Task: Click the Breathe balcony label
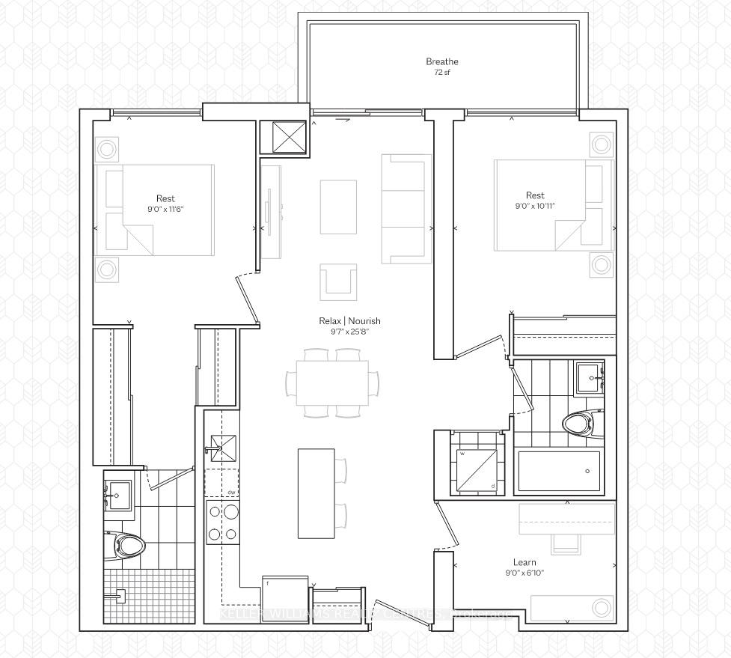coord(441,61)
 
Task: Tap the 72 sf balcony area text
coord(441,73)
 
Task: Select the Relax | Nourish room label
coord(349,321)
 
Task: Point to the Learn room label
coord(524,562)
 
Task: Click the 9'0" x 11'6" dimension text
coord(166,210)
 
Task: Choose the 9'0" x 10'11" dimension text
coord(535,206)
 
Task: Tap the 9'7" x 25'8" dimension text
coord(349,332)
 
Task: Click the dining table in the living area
coord(332,383)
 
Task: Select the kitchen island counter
coord(315,493)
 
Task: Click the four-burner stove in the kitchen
coord(223,523)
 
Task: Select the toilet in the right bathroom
coord(577,424)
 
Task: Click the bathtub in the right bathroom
coord(559,471)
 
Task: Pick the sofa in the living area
coord(406,209)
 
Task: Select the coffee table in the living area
coord(338,207)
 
